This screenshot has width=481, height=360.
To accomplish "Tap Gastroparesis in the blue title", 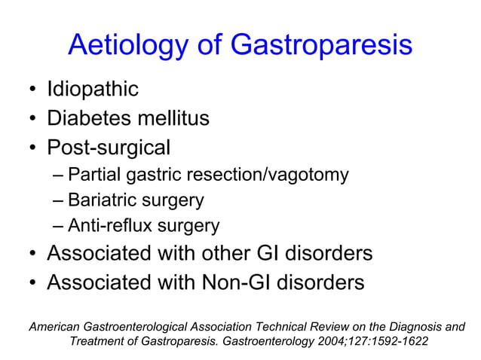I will click(x=321, y=46).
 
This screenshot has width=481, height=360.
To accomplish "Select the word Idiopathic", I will click(x=93, y=90).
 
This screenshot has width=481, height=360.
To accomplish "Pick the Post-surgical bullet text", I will click(x=109, y=147).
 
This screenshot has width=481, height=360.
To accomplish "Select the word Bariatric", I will click(x=99, y=200).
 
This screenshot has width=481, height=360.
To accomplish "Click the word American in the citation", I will click(x=57, y=326).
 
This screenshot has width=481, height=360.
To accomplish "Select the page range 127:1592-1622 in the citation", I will click(x=379, y=341).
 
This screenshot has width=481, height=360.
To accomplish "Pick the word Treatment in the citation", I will click(x=101, y=341).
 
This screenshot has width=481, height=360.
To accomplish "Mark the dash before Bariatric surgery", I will click(x=60, y=200).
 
